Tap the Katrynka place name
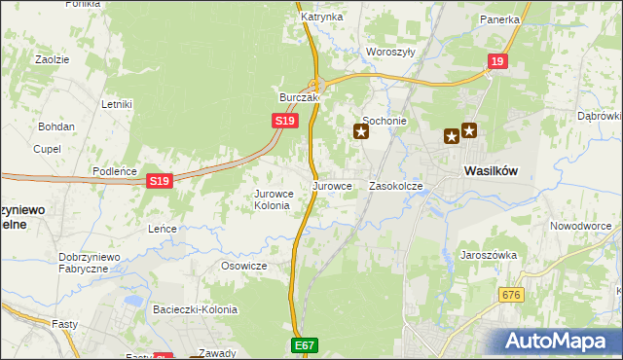[x=321, y=18]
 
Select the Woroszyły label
[x=390, y=52]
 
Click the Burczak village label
[x=300, y=98]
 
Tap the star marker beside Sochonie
[x=361, y=130]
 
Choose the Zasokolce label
[x=396, y=185]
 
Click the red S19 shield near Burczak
[x=284, y=120]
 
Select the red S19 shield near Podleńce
[x=161, y=181]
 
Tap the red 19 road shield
[x=498, y=61]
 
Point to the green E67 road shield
[x=304, y=345]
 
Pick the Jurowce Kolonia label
[x=272, y=199]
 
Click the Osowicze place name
[x=243, y=266]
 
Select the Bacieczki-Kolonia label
[x=195, y=309]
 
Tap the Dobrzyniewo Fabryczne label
[x=89, y=263]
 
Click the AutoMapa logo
[x=562, y=341]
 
